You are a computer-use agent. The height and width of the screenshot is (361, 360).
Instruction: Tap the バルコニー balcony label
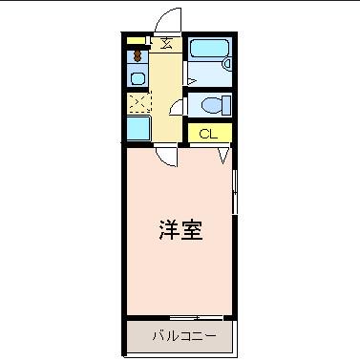[180, 335]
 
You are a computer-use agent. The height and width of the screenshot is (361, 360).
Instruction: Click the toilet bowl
[211, 104]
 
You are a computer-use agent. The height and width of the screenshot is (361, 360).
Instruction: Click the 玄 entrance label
[166, 43]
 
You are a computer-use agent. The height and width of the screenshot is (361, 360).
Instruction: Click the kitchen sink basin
[138, 79]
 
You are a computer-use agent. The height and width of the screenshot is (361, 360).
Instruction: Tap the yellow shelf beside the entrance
[137, 40]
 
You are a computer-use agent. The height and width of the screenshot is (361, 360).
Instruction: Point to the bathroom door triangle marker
[191, 79]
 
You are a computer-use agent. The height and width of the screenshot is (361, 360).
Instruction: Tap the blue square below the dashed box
[138, 128]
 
